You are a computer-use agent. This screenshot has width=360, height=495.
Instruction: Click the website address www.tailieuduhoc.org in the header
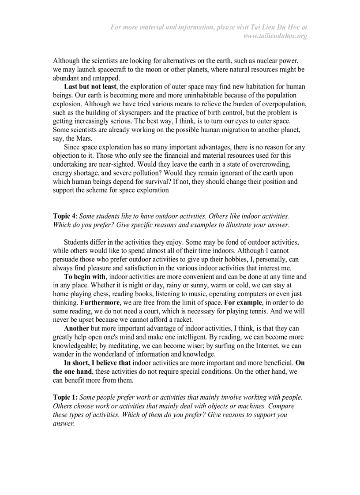pos(275,36)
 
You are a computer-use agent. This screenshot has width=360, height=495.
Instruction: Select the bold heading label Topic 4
pos(64,216)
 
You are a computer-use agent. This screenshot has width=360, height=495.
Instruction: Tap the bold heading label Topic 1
pos(65,397)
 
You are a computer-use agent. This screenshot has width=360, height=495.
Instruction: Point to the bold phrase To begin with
pos(85,277)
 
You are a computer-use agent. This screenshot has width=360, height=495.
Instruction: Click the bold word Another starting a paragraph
pos(76,328)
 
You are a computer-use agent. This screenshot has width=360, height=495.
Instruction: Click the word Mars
pos(84,138)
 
